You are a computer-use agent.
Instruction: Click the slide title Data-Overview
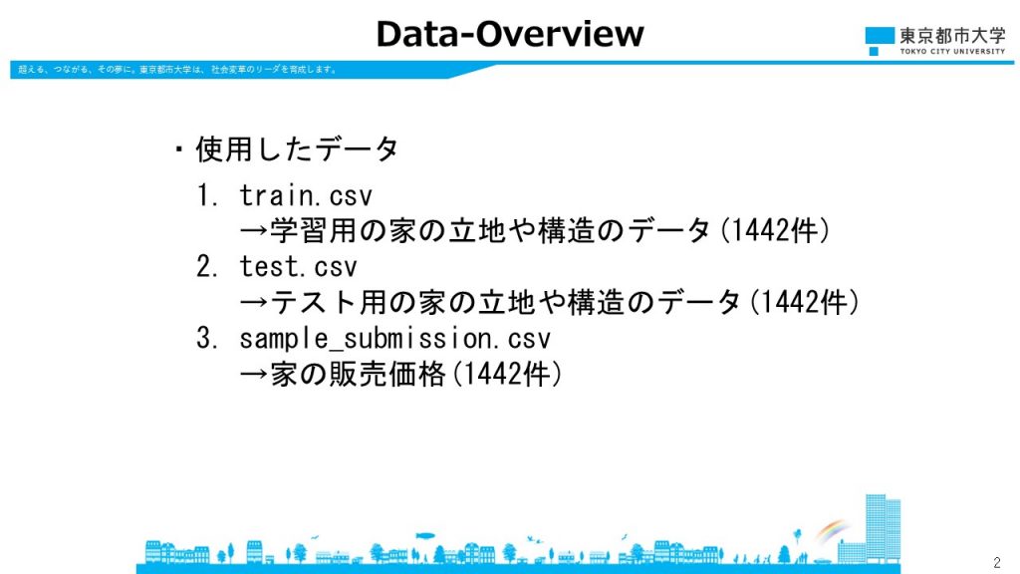pos(510,34)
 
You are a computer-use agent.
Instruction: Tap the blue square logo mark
pos(880,40)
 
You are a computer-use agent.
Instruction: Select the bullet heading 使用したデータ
pos(297,149)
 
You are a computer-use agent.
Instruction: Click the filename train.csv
pos(306,195)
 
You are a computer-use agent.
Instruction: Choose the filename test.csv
pos(299,266)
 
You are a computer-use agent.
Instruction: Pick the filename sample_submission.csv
pos(394,338)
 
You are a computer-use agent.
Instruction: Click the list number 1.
pos(207,195)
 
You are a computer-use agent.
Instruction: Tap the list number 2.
pos(207,266)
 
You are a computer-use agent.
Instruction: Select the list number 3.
pos(207,338)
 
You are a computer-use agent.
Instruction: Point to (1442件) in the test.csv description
pos(805,302)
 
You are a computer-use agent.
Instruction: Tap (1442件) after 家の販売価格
pos(507,374)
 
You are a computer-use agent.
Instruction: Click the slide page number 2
pos(997,562)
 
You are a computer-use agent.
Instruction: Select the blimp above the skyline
pos(424,537)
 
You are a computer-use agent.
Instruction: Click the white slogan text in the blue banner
pos(177,70)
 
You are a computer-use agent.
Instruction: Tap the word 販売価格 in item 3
pos(387,374)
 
